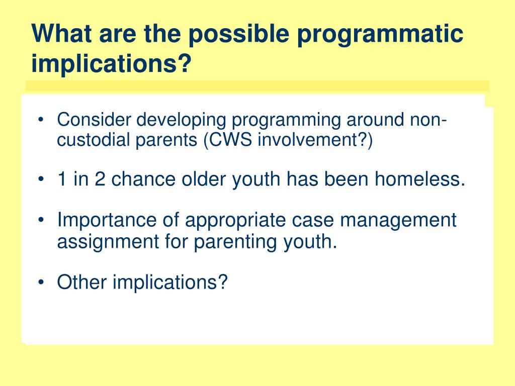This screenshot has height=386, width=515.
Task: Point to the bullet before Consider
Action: pyautogui.click(x=41, y=119)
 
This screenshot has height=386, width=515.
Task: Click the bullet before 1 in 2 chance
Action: pyautogui.click(x=41, y=179)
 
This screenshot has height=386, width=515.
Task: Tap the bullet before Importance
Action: pyautogui.click(x=41, y=220)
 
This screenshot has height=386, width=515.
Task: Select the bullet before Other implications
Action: pyautogui.click(x=41, y=282)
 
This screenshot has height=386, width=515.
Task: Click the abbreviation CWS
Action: pyautogui.click(x=230, y=140)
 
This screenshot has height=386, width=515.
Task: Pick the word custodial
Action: pyautogui.click(x=93, y=140)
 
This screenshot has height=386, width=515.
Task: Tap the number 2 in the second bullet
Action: pyautogui.click(x=100, y=179)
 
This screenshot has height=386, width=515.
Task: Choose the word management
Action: pyautogui.click(x=398, y=221)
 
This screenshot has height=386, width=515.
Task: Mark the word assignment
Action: pyautogui.click(x=108, y=242)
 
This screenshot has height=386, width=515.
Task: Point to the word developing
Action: pyautogui.click(x=181, y=120)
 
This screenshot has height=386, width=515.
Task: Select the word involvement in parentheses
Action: pyautogui.click(x=307, y=140)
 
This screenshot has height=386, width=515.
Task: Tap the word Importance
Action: pyautogui.click(x=107, y=220)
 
